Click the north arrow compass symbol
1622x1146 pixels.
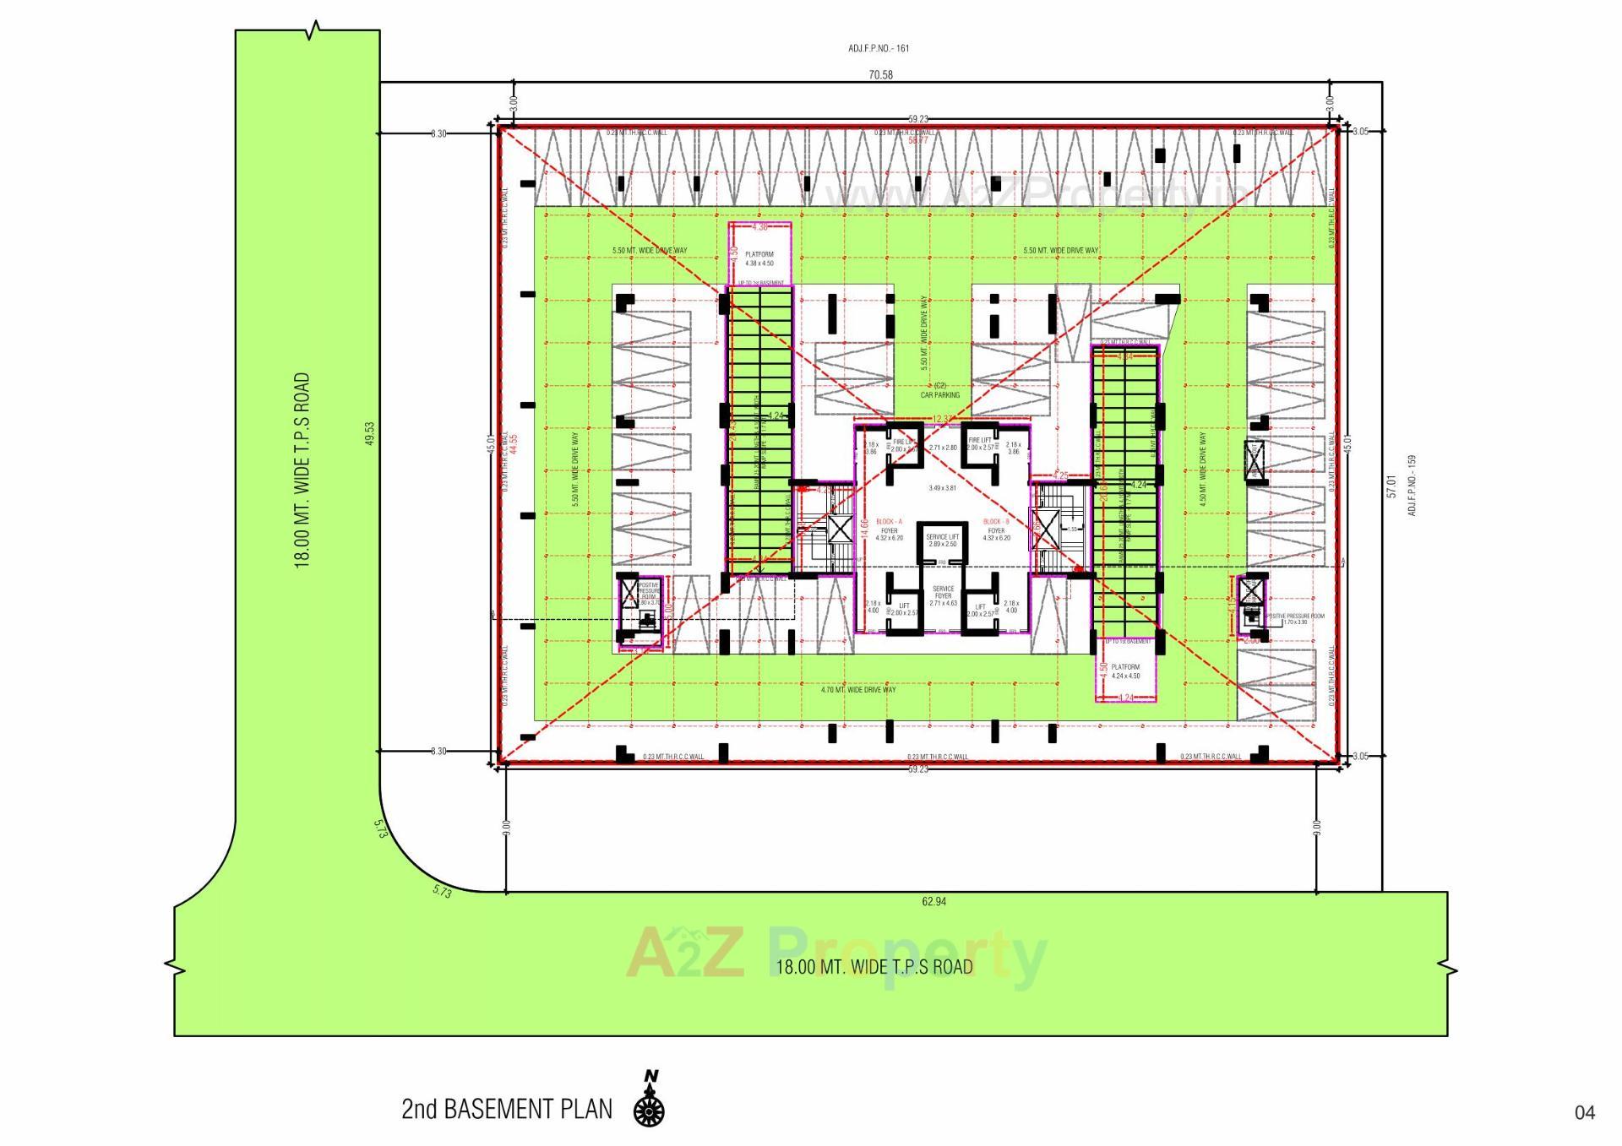(649, 1102)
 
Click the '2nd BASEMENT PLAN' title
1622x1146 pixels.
(507, 1109)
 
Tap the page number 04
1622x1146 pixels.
(1585, 1113)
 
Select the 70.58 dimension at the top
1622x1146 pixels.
(881, 75)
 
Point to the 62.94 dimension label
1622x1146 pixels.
(933, 902)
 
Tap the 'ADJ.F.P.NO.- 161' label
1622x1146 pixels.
(879, 49)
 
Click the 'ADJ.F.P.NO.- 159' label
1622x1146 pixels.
(1411, 486)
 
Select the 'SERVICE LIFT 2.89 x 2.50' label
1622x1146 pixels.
(942, 540)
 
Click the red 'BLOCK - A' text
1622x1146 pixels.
(889, 522)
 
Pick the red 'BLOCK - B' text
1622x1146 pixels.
(996, 522)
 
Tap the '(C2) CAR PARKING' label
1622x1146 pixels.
(940, 390)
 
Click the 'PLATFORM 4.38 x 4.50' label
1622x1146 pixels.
(759, 258)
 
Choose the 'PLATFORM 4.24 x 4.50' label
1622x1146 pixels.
(1125, 671)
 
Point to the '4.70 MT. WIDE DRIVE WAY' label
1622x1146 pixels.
(858, 690)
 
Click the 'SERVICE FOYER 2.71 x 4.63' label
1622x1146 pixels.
(943, 595)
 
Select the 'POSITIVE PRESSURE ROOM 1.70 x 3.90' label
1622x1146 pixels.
(1294, 619)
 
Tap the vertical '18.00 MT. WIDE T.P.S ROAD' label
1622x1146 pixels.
(302, 470)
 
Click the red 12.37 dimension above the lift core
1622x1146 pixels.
(943, 420)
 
